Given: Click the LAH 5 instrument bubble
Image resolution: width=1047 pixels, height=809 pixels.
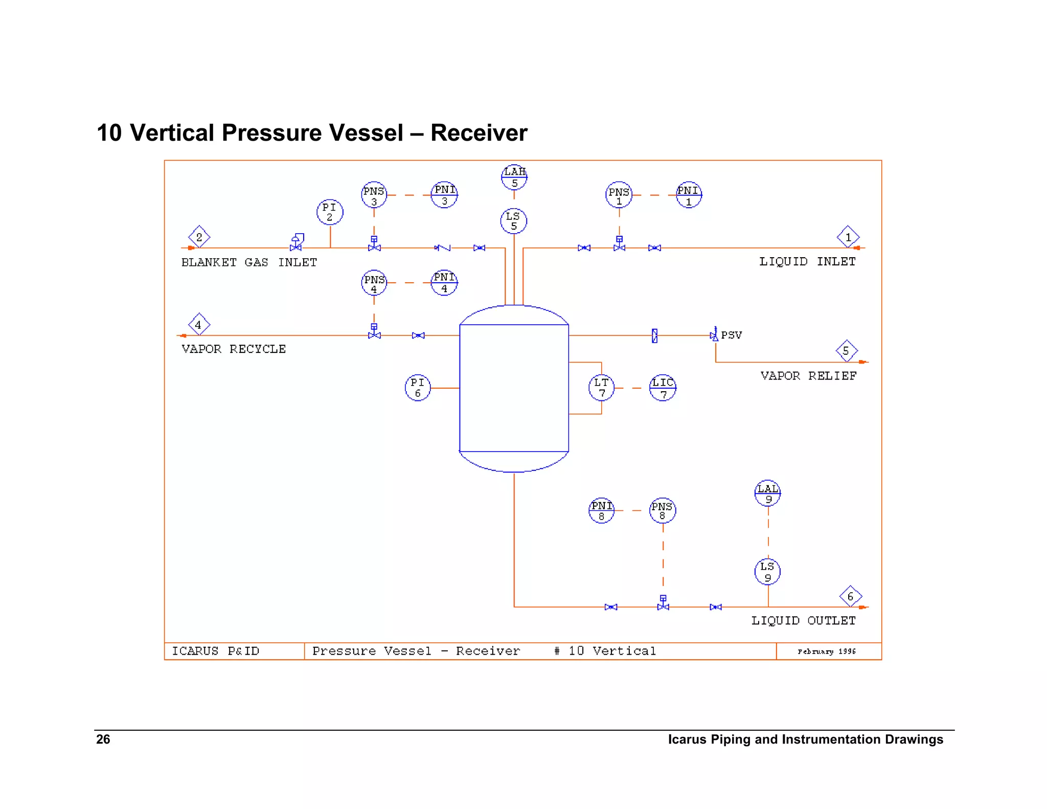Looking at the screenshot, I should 514,177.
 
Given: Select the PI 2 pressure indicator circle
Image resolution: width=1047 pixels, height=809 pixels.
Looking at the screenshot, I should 330,212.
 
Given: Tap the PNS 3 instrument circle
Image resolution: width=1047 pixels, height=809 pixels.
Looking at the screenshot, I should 374,195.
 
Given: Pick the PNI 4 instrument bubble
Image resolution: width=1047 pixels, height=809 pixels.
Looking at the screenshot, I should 444,283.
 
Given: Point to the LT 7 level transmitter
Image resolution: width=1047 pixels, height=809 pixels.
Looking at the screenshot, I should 601,388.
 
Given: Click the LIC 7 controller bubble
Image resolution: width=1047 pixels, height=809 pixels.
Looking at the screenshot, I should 663,388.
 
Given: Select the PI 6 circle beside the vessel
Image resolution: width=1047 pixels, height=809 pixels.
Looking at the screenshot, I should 418,388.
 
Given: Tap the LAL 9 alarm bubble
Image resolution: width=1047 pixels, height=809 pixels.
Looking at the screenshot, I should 767,493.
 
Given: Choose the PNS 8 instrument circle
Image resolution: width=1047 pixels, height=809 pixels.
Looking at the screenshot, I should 663,510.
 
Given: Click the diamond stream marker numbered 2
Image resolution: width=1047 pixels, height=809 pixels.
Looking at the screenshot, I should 199,237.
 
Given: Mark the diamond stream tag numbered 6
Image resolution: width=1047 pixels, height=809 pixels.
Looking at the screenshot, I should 850,596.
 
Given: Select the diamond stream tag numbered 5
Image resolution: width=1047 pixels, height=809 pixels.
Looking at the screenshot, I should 846,351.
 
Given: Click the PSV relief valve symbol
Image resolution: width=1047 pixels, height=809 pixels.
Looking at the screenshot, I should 714,335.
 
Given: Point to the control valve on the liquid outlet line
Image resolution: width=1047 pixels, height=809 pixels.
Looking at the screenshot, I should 663,605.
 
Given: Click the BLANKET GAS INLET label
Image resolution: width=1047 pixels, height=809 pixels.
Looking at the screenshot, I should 249,262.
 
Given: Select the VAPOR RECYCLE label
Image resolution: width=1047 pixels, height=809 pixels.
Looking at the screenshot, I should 234,349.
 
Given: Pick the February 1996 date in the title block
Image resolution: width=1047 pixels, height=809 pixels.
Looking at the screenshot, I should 826,651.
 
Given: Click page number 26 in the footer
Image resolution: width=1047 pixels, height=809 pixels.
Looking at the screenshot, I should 103,739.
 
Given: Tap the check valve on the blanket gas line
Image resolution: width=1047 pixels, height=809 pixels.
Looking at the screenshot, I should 443,248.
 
